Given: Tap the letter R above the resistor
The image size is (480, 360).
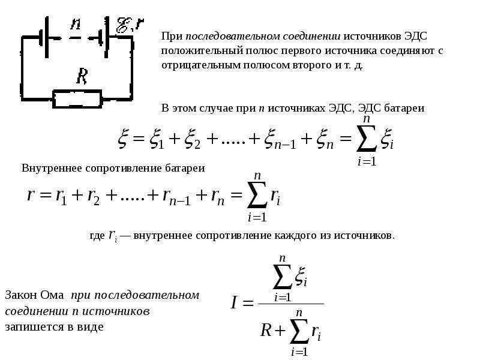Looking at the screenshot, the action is point(82,76).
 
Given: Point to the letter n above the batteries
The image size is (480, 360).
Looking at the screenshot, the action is point(76,23).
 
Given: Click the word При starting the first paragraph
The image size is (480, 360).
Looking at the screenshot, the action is point(172,36).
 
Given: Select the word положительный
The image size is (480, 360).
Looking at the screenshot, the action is point(202,50).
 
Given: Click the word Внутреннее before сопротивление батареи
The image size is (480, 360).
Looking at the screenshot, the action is point(52,168).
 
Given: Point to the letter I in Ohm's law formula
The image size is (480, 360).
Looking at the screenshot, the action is point(234,303).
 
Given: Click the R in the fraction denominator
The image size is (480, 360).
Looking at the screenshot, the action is point(266,331).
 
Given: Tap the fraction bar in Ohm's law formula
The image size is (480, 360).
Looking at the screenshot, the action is point(291,304).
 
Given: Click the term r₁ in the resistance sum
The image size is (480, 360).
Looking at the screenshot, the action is point(61,196).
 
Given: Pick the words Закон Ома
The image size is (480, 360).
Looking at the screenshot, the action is point(35,295).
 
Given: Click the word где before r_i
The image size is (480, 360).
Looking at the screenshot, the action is point(97,236).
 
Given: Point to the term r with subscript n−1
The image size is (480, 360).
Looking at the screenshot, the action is point(176,197).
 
